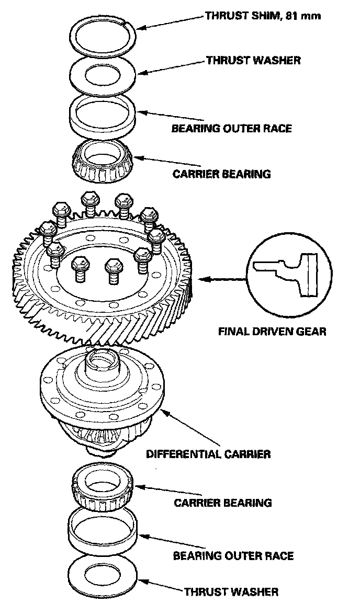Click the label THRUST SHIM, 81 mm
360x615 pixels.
263,16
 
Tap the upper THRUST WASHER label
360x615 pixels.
253,60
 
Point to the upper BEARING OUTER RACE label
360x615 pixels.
231,128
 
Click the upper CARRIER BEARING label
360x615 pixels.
222,174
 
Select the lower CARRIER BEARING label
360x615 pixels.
223,503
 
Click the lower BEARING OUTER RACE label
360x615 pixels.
233,555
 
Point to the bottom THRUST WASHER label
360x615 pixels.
231,592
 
